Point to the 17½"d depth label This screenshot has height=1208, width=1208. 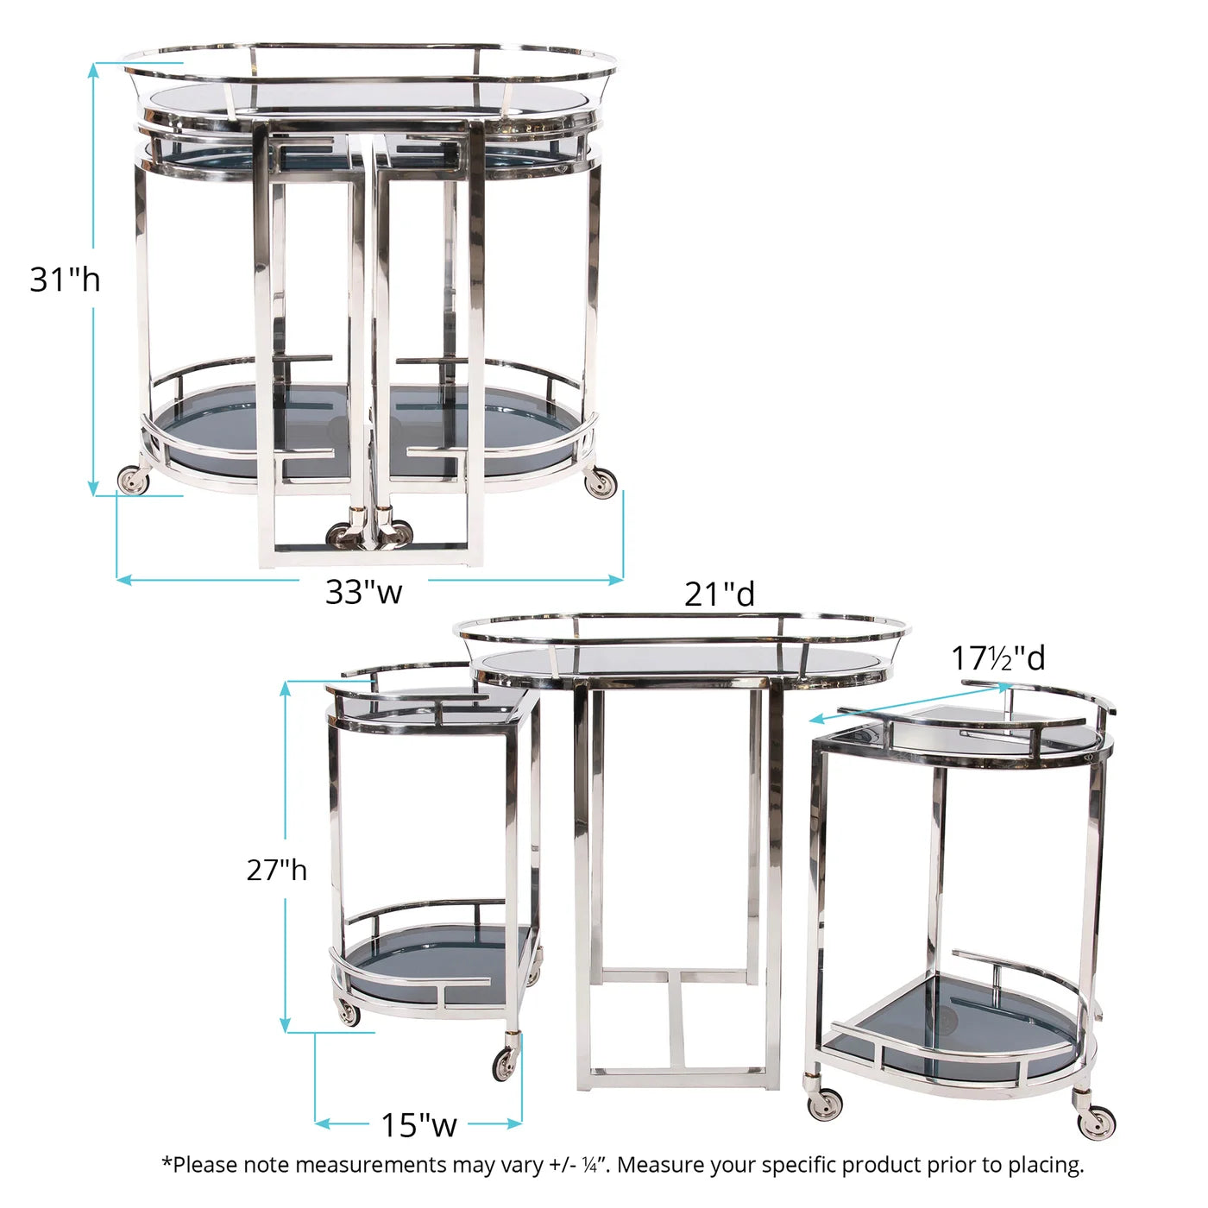(x=998, y=658)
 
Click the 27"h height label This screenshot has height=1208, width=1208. (x=276, y=870)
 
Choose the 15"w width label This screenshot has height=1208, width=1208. (x=418, y=1124)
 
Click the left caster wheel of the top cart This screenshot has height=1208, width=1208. (x=134, y=481)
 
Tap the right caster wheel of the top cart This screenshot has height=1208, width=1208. (x=601, y=482)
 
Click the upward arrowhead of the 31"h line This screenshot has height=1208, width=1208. (x=93, y=69)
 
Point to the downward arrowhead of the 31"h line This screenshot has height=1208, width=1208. (x=93, y=488)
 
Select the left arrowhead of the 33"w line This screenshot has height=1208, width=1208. (x=124, y=580)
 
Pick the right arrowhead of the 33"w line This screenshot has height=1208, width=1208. (x=615, y=580)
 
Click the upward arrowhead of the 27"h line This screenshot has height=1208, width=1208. (x=286, y=689)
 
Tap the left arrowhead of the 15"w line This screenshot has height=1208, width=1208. (x=322, y=1124)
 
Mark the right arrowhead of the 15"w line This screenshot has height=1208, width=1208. (x=514, y=1124)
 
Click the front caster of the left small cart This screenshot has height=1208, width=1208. (x=506, y=1064)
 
